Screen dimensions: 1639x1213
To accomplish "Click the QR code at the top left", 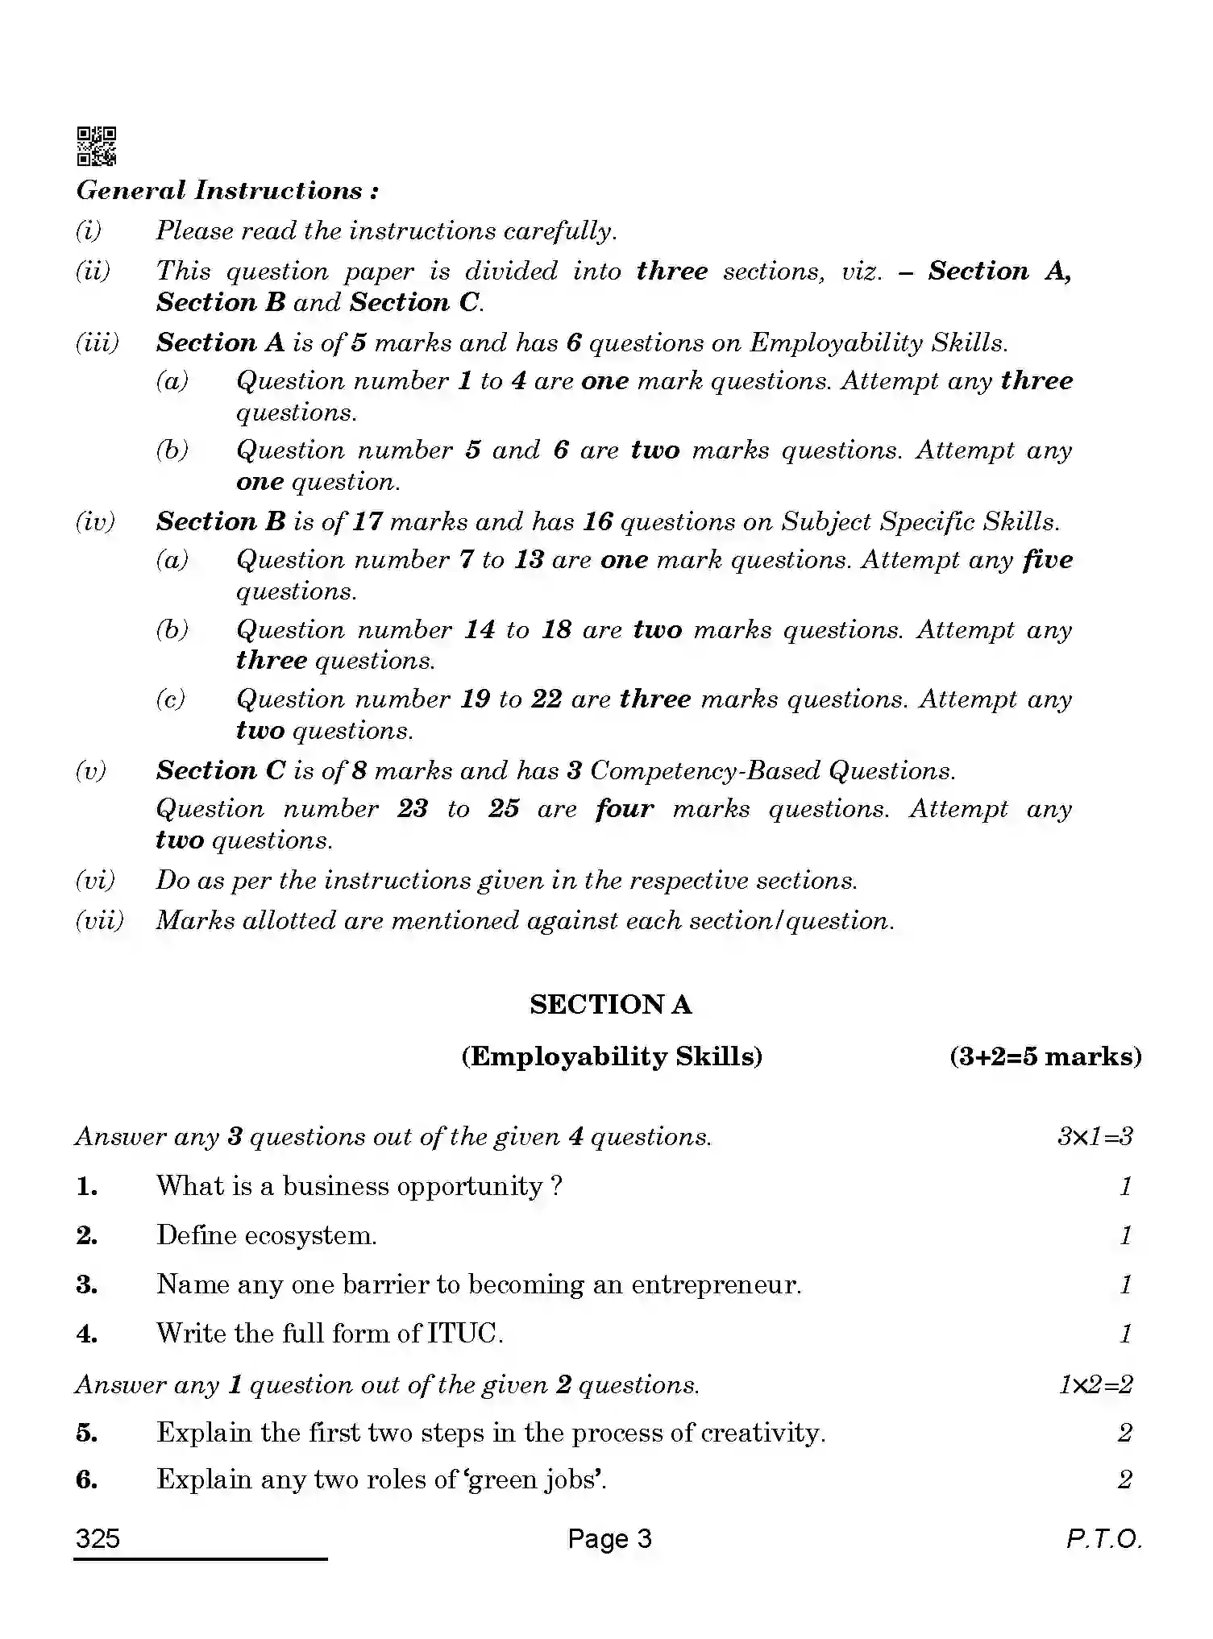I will click(96, 146).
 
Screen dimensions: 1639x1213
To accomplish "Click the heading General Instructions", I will click(227, 191).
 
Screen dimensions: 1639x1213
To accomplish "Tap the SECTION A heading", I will click(610, 1004).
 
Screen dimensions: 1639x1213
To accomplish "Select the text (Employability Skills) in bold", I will click(612, 1056).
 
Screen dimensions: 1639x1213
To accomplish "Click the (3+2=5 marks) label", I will click(1045, 1056).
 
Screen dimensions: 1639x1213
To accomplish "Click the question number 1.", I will click(87, 1186).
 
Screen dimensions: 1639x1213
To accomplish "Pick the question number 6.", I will click(87, 1479).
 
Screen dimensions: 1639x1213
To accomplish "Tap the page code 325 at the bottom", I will click(98, 1539).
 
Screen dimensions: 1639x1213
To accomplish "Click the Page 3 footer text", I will click(609, 1539).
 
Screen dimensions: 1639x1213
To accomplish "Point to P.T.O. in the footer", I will click(1103, 1539).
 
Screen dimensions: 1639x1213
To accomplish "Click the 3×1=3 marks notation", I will click(1095, 1137).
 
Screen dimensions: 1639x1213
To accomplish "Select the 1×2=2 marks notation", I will click(1095, 1384).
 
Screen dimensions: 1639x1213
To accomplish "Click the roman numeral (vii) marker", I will click(99, 920).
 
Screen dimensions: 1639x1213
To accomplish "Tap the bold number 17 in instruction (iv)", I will click(367, 522).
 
